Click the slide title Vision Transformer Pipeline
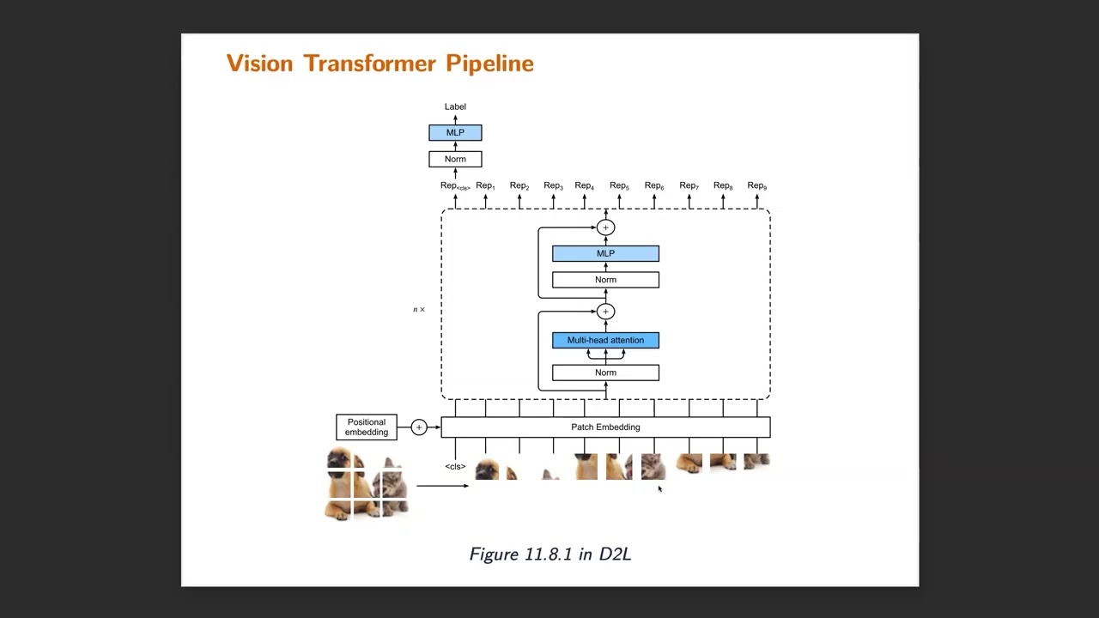click(379, 64)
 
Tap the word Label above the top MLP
click(455, 106)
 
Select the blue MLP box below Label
click(455, 133)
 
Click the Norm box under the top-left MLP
click(455, 159)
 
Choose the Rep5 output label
click(619, 186)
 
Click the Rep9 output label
click(756, 186)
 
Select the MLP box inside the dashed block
click(605, 254)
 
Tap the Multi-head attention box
click(605, 341)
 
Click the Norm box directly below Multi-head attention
click(605, 373)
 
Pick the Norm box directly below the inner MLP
click(605, 280)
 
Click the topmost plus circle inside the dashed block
click(605, 227)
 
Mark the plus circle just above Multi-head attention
click(605, 312)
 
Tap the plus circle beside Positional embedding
click(419, 427)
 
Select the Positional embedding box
click(367, 427)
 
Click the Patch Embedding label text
click(605, 427)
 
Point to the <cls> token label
click(455, 467)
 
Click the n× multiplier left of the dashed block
click(419, 310)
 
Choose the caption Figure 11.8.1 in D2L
click(549, 554)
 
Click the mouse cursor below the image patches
click(659, 489)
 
